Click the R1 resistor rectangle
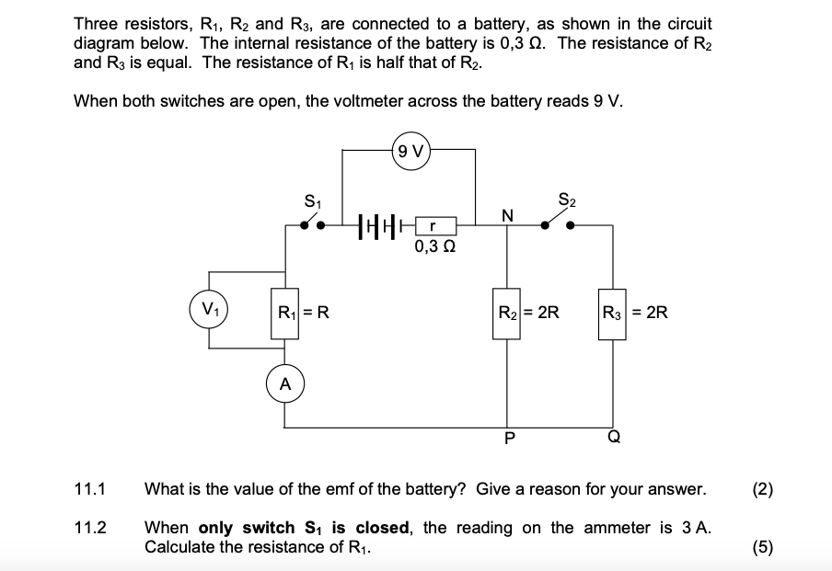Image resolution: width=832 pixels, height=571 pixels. pos(284,312)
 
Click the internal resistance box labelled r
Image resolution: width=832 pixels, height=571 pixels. pos(433,225)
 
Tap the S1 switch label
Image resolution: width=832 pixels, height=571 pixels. pos(312,200)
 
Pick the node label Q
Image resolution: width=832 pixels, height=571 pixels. pos(613,438)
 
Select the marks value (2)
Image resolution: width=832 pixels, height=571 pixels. pos(762,488)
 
